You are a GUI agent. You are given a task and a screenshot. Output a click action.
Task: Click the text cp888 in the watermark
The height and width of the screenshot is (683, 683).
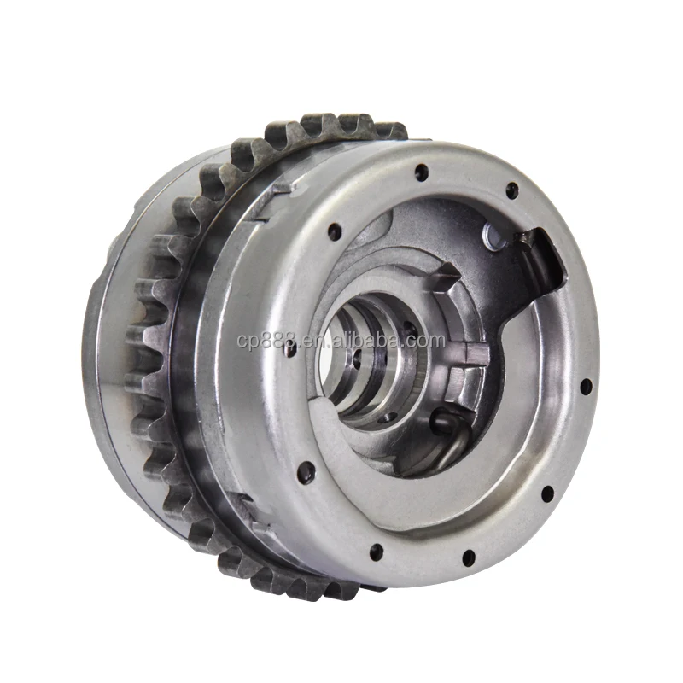click(262, 341)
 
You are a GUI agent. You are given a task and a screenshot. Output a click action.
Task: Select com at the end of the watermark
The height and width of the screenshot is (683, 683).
click(426, 341)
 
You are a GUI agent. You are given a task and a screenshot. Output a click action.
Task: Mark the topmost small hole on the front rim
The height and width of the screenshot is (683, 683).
click(421, 172)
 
